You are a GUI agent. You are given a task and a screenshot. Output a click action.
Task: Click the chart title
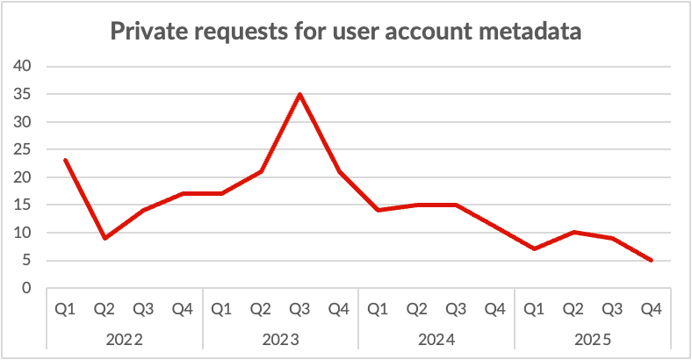click(346, 33)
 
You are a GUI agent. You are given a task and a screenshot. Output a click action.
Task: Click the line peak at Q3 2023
click(299, 94)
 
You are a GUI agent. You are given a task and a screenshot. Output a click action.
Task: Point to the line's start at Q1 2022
click(65, 160)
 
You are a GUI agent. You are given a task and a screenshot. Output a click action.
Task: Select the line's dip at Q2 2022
click(105, 238)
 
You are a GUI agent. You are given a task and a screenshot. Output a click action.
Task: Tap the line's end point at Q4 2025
click(651, 260)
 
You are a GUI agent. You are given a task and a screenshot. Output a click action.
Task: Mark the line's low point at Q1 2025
click(534, 249)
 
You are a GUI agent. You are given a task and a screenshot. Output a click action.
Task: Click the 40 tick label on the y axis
click(23, 66)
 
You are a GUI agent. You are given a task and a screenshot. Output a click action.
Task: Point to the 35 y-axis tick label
click(23, 94)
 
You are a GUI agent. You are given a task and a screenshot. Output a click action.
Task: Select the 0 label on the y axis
click(27, 288)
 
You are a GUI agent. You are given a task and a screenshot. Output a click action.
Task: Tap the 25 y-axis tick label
click(23, 149)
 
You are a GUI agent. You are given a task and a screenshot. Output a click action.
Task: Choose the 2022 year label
click(124, 340)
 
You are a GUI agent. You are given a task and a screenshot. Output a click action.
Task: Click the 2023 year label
click(280, 340)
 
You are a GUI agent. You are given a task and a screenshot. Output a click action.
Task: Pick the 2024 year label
click(436, 340)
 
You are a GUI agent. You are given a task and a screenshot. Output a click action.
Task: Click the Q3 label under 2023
click(299, 309)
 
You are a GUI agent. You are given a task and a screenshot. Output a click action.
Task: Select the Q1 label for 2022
click(65, 309)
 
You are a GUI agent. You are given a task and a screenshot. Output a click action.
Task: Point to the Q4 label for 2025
click(651, 309)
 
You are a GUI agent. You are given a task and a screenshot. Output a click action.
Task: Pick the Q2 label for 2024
click(417, 309)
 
